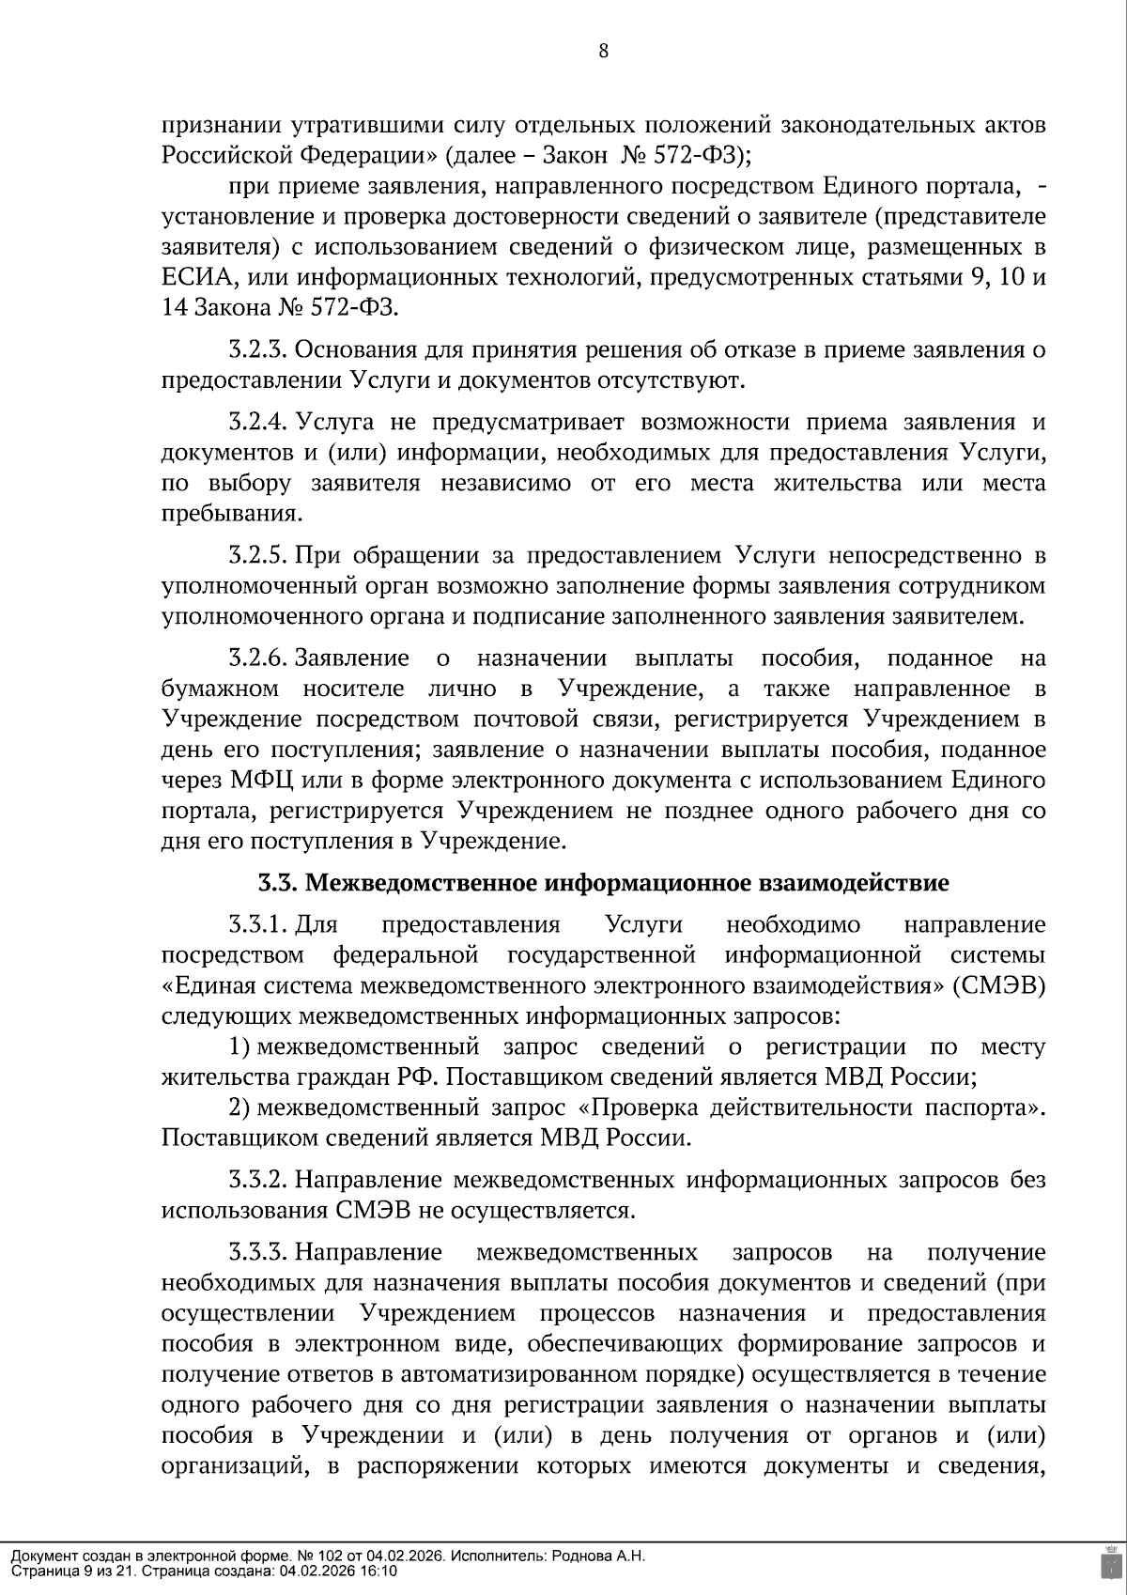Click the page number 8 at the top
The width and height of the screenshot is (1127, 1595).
tap(603, 52)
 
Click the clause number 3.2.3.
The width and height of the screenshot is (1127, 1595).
tap(256, 350)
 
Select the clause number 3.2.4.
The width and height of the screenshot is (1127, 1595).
tap(256, 423)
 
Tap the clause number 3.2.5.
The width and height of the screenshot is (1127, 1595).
tap(256, 555)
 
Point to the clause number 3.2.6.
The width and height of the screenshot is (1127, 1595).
tap(256, 658)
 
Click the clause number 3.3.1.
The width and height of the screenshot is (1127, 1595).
tap(256, 925)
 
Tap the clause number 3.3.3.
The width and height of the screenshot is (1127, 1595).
tap(256, 1252)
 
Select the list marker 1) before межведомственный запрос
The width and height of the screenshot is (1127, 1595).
tap(239, 1047)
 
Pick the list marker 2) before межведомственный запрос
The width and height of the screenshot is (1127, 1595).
tap(239, 1107)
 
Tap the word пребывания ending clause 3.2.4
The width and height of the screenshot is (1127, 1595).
tap(232, 515)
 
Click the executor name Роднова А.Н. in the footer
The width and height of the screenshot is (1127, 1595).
tap(599, 1556)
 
